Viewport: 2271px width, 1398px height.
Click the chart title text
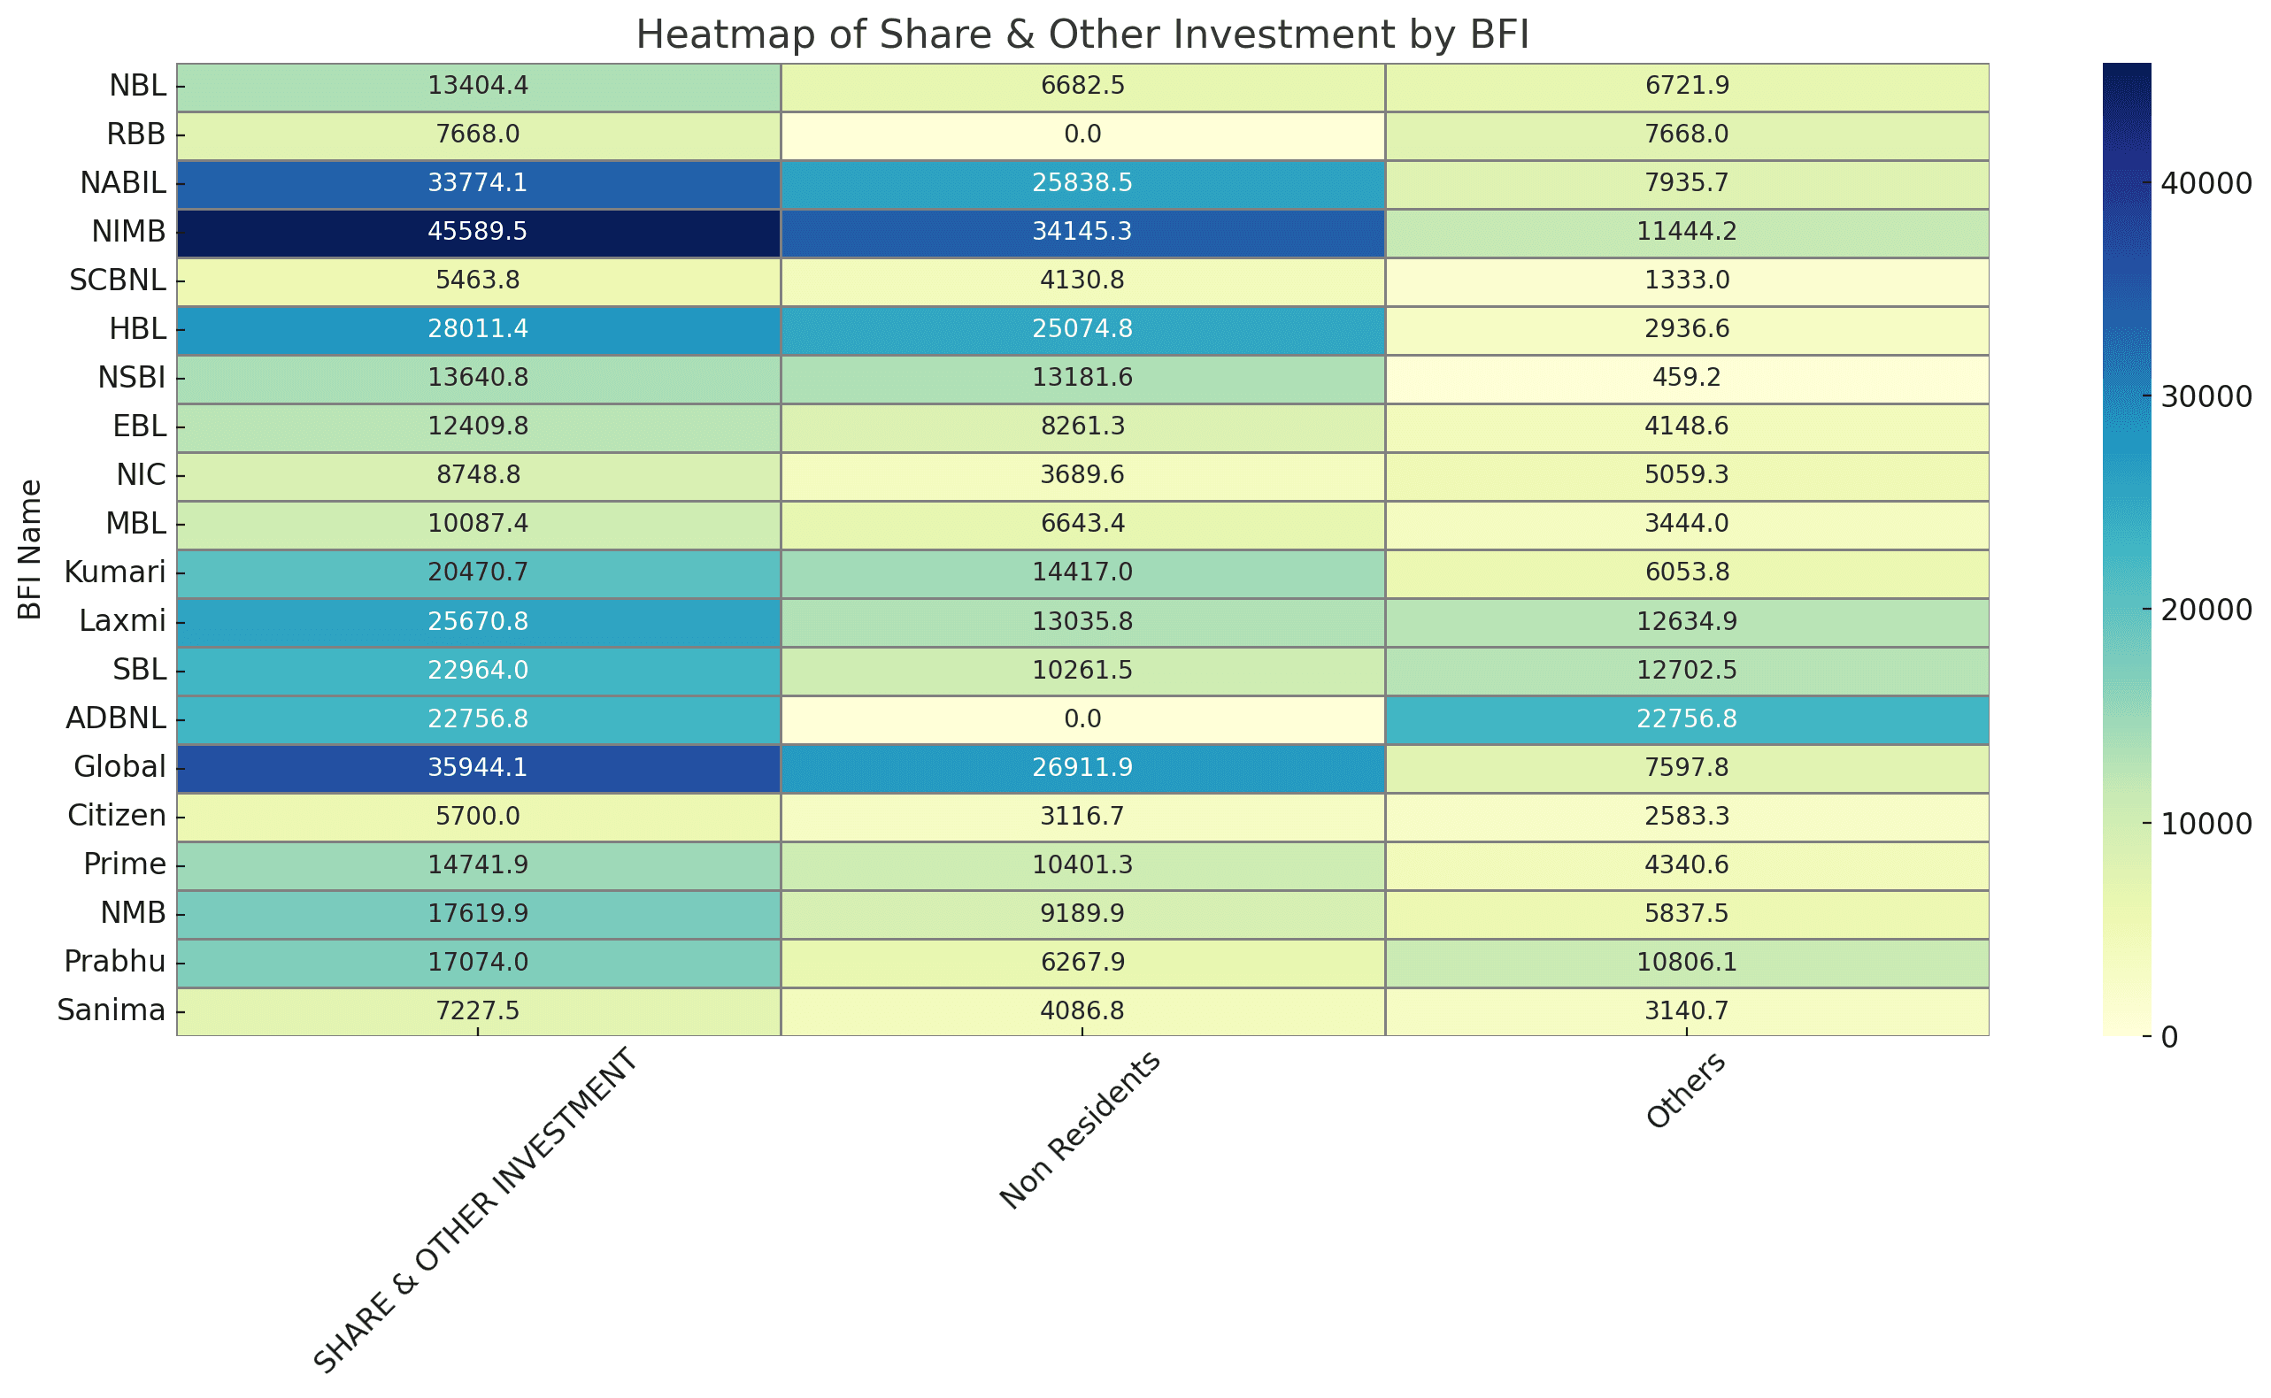click(1082, 35)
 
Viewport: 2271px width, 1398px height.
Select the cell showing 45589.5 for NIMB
click(478, 231)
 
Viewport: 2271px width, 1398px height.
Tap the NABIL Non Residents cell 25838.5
click(1082, 183)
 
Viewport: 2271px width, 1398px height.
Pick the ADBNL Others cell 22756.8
click(1686, 718)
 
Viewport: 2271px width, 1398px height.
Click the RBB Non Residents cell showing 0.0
click(1082, 134)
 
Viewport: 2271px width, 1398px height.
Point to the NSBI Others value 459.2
click(1686, 377)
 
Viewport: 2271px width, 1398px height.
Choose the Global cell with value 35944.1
click(478, 767)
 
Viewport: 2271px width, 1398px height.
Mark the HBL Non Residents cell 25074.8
click(1082, 329)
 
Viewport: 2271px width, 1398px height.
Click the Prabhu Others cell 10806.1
click(1686, 962)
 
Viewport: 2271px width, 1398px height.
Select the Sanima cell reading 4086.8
click(1082, 1010)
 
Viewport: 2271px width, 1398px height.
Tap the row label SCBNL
click(118, 280)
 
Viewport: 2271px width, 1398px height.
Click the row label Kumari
click(115, 572)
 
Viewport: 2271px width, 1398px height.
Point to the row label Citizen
click(117, 816)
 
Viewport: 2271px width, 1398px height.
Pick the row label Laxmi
click(122, 620)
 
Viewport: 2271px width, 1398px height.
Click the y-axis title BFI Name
click(29, 549)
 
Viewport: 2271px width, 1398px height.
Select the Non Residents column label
click(1079, 1130)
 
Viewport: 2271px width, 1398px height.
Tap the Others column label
click(1685, 1090)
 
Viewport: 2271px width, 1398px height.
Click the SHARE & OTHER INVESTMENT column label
click(475, 1210)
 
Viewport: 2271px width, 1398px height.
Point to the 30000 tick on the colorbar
click(2206, 396)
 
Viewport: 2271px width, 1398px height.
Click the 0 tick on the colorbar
click(2168, 1036)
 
